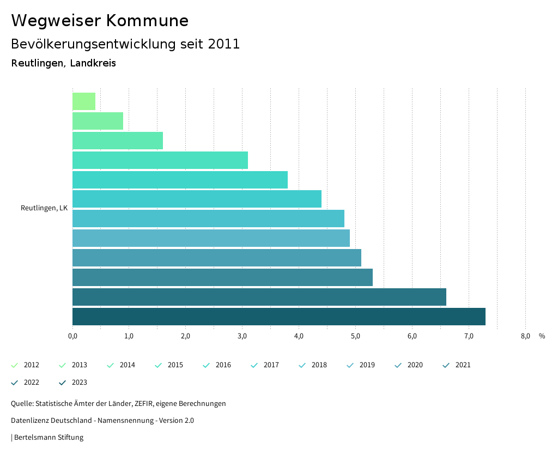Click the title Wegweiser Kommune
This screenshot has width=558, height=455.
pos(100,21)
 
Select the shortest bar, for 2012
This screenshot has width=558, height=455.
pos(84,101)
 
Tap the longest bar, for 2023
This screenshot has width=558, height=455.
pos(278,317)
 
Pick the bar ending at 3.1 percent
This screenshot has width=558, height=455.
pos(160,160)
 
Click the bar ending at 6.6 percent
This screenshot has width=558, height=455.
pos(259,297)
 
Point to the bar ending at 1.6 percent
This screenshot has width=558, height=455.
pos(118,141)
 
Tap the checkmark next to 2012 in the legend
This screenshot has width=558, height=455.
pos(15,365)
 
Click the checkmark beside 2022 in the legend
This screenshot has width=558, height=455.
pos(15,383)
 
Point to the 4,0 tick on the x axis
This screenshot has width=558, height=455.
pos(299,336)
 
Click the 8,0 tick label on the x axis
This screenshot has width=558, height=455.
pos(525,336)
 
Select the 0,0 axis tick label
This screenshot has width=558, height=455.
pos(72,336)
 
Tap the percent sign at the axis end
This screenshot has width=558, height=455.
pos(542,336)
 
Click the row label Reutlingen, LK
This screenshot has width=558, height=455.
pos(44,208)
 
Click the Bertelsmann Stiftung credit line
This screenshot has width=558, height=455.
pos(48,437)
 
